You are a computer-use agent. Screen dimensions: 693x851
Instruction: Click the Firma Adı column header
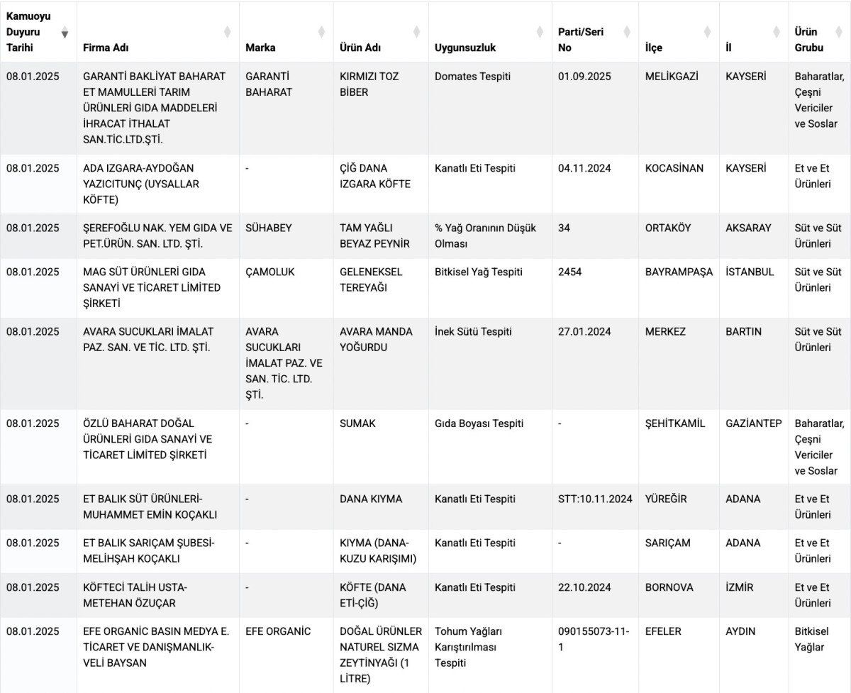coord(106,48)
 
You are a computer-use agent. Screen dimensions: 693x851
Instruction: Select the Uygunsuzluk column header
coord(465,48)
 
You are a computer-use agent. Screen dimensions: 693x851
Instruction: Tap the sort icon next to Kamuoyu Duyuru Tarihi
coord(65,33)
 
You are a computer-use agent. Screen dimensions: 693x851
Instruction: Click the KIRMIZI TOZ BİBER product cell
coord(369,84)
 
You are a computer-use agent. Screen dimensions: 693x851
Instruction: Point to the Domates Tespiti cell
coord(472,76)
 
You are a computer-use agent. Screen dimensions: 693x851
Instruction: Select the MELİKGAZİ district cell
coord(672,76)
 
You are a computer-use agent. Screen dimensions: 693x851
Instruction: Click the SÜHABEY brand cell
coord(268,228)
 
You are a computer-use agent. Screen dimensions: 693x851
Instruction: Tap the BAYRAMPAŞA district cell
coord(679,272)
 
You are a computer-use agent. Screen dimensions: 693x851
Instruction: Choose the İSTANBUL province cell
coord(750,272)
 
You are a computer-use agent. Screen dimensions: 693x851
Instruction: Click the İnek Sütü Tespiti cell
coord(473,331)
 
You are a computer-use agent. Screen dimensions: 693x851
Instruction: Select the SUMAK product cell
coord(357,423)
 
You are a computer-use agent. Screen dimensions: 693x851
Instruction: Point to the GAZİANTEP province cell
coord(753,423)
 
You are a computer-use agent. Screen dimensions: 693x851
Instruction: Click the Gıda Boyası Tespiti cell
coord(479,423)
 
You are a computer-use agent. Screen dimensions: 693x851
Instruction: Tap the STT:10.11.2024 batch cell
coord(594,499)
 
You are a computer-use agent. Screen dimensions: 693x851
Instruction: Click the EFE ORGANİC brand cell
coord(278,631)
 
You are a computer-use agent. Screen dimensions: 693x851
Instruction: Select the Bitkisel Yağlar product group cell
coord(811,639)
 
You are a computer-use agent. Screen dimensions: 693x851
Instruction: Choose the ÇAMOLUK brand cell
coord(269,272)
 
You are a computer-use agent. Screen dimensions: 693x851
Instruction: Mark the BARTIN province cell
coord(743,331)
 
